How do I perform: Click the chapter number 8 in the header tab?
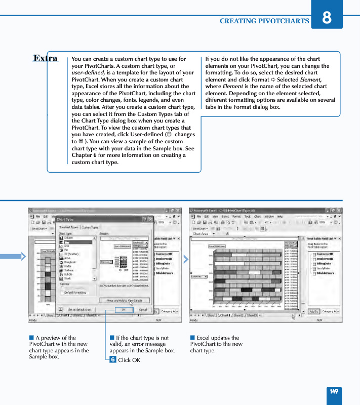[x=327, y=16]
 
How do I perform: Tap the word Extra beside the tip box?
[x=46, y=58]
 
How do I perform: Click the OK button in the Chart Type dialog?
[x=124, y=309]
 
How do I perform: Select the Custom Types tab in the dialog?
[x=90, y=228]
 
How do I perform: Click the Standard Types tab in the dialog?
[x=68, y=228]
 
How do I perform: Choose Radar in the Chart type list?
[x=68, y=266]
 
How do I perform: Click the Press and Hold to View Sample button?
[x=125, y=300]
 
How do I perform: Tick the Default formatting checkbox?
[x=62, y=293]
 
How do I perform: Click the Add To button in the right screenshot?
[x=313, y=311]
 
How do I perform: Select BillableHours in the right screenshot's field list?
[x=326, y=273]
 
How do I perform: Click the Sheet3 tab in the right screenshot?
[x=252, y=315]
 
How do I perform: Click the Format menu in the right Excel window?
[x=236, y=216]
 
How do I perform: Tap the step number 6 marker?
[x=113, y=359]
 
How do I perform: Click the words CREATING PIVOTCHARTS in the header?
[x=264, y=21]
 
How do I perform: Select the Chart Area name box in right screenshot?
[x=201, y=234]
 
